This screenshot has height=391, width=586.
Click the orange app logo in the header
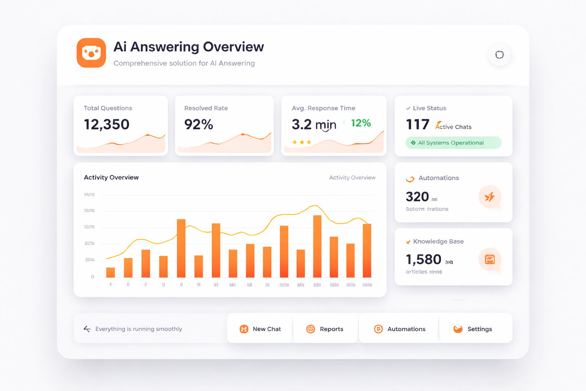[x=91, y=53]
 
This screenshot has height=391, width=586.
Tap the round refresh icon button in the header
[x=499, y=55]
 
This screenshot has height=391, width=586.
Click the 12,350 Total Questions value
[x=106, y=124]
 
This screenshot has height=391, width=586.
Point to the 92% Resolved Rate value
[x=198, y=124]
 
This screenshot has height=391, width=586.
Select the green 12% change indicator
[x=361, y=123]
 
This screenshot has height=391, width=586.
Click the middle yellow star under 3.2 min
[x=302, y=142]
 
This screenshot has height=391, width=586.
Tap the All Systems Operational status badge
[x=453, y=143]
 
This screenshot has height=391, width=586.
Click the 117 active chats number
[x=417, y=124]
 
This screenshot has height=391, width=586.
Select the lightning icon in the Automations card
[x=489, y=197]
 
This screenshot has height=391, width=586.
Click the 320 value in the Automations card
[x=417, y=197]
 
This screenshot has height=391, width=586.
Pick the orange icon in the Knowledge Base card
[x=489, y=260]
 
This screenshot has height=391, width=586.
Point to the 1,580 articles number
[x=423, y=260]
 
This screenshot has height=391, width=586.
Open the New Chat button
[x=260, y=329]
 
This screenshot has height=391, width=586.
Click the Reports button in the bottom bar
[x=325, y=329]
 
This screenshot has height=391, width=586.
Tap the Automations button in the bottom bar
[x=399, y=329]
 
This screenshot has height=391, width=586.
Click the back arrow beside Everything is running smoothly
[x=87, y=329]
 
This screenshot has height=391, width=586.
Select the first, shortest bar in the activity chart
[x=111, y=272]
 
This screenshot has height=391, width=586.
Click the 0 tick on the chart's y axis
[x=92, y=276]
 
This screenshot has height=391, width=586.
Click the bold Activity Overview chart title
[x=111, y=178]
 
